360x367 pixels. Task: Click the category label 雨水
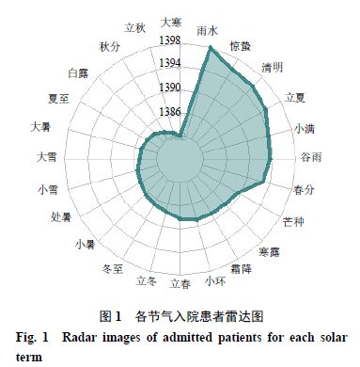[208, 30]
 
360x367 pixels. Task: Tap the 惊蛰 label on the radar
[241, 45]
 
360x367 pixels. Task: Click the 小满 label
[305, 127]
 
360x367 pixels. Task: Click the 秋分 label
[109, 46]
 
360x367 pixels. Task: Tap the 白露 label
[79, 71]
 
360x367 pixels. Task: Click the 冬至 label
[112, 269]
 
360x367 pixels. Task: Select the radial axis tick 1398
[171, 40]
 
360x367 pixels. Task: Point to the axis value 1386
[171, 111]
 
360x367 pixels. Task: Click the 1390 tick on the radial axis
[171, 87]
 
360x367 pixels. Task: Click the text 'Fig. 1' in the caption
[34, 337]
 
